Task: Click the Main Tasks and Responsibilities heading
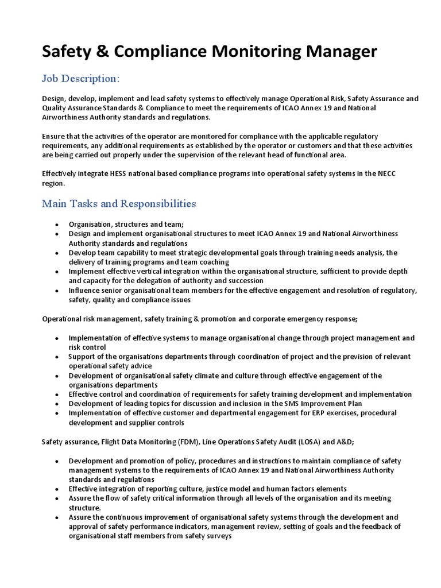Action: [119, 204]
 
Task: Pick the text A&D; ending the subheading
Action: [342, 442]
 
